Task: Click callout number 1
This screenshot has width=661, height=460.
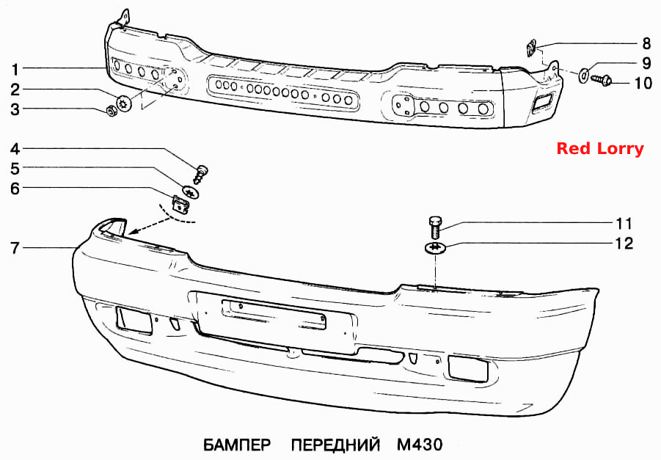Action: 15,69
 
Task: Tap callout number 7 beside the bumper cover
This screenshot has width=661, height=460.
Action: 15,248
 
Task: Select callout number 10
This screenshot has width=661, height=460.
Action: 643,83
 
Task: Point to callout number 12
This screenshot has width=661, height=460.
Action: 624,244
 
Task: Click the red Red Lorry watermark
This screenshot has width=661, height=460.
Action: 600,148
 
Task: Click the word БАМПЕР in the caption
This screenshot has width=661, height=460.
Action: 238,445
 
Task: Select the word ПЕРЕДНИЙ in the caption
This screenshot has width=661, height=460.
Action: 335,445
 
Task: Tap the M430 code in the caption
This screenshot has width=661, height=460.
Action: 420,445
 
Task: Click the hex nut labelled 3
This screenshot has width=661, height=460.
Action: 112,112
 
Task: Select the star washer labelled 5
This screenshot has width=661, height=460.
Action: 191,191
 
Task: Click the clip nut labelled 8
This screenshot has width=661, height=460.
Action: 531,47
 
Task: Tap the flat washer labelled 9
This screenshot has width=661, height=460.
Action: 584,75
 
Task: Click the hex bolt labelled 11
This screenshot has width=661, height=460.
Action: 434,227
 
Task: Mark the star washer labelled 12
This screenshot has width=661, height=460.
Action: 435,247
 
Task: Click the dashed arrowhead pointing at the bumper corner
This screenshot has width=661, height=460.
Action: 134,230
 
